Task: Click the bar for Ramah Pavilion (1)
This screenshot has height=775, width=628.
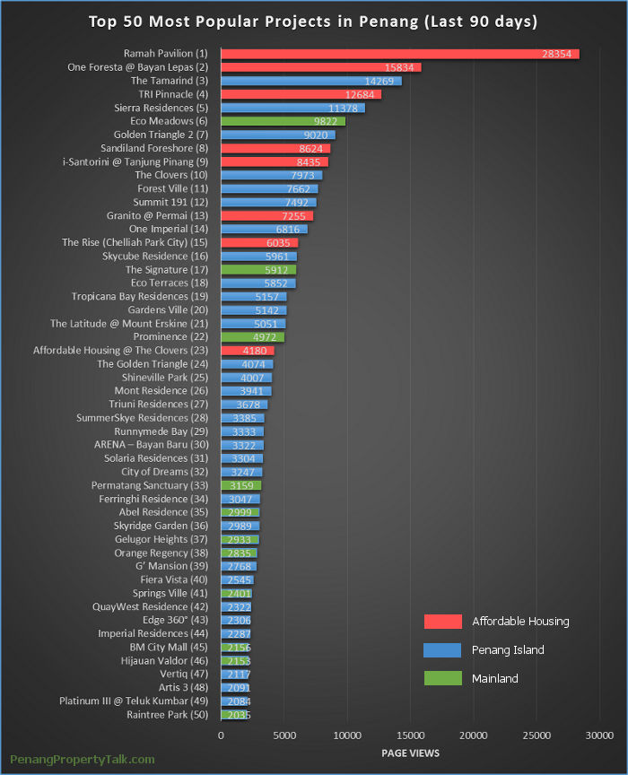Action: [x=399, y=54]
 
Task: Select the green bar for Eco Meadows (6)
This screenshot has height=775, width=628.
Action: [x=283, y=121]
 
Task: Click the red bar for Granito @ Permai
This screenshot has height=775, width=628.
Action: [x=266, y=216]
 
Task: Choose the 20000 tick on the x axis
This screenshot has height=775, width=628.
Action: [x=474, y=736]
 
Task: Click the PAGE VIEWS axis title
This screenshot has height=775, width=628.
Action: [x=411, y=753]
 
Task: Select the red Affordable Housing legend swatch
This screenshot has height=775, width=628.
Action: [x=442, y=622]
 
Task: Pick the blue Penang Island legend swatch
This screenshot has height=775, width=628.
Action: [x=442, y=649]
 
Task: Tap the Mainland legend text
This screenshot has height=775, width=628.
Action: [x=495, y=678]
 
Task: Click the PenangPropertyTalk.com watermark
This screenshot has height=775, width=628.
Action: [x=83, y=759]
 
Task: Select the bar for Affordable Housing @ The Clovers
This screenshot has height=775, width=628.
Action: [x=247, y=351]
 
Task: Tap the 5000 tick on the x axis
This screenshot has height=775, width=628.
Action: [x=283, y=736]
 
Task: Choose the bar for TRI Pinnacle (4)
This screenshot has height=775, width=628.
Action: [x=301, y=94]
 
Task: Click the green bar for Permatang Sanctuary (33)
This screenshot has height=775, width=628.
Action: [x=240, y=485]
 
